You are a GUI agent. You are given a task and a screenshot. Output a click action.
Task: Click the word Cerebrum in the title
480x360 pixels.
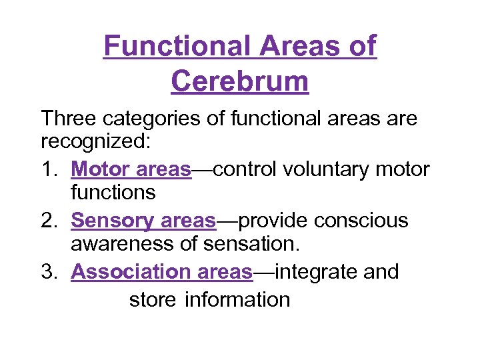pyautogui.click(x=240, y=81)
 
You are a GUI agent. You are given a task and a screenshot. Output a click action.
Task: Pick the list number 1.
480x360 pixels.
pyautogui.click(x=51, y=169)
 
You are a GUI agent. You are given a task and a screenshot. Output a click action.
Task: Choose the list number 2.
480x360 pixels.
pyautogui.click(x=51, y=220)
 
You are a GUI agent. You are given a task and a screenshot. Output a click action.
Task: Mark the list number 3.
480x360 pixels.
pyautogui.click(x=51, y=272)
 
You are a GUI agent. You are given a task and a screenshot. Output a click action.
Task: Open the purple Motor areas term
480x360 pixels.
pyautogui.click(x=131, y=169)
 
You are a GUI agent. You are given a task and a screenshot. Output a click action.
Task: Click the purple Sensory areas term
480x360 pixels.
pyautogui.click(x=143, y=220)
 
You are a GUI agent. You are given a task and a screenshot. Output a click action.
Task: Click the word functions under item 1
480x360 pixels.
pyautogui.click(x=113, y=193)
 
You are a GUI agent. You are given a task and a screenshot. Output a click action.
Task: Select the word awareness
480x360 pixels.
pyautogui.click(x=122, y=245)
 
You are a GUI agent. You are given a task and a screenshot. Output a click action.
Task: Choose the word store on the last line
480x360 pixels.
pyautogui.click(x=153, y=299)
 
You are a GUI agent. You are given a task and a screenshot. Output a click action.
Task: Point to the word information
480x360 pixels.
pyautogui.click(x=237, y=299)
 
